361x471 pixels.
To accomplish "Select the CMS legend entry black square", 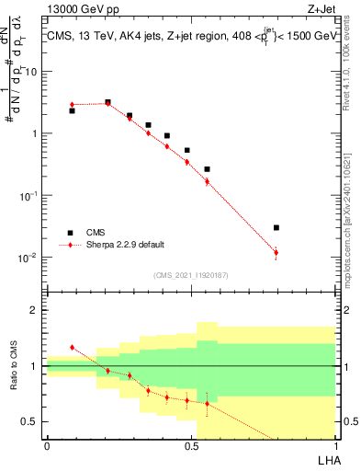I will pos(70,233).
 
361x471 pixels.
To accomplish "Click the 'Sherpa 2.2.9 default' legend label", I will pos(125,246).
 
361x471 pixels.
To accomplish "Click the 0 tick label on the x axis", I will pos(47,445).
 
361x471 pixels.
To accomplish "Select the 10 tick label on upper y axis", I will pos(31,72).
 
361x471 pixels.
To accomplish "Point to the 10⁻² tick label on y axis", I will pos(28,258).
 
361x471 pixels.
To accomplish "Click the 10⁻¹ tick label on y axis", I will pos(28,195).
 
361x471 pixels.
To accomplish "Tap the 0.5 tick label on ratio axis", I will pos(30,421).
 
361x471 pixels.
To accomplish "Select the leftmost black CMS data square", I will pos(72,110).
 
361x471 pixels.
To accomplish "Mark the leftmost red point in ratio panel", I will pos(72,348).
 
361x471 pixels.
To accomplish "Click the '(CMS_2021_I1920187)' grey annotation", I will pos(189,275).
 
